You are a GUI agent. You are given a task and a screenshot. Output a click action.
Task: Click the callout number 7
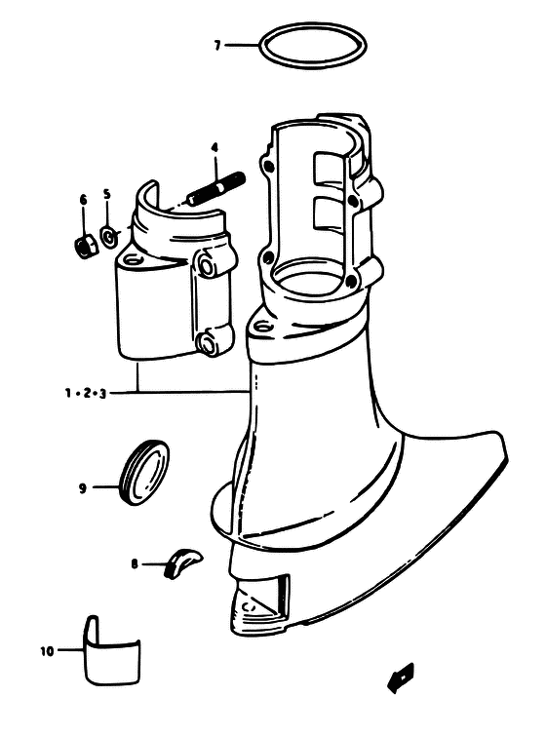[216, 46]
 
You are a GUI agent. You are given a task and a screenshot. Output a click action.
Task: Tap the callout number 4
[214, 148]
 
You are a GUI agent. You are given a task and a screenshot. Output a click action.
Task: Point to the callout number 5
[107, 193]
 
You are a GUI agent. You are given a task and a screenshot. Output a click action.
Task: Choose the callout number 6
[83, 200]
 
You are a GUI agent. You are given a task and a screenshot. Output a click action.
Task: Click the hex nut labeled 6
[87, 246]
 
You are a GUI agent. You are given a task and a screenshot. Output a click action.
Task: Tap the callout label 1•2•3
[86, 393]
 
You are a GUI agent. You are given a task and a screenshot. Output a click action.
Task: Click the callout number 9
[83, 488]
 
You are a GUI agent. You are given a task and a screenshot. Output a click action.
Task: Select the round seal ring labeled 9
[144, 472]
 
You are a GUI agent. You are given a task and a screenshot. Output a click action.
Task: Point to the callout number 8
[135, 563]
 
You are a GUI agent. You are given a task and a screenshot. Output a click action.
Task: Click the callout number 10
[47, 651]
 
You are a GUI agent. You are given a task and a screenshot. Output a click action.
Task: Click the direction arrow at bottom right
[401, 678]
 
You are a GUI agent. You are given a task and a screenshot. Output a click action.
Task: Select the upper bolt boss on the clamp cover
[207, 264]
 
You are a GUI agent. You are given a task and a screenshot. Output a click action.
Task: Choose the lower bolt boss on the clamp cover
[207, 342]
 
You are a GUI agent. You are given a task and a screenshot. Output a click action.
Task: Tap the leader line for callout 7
[242, 46]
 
